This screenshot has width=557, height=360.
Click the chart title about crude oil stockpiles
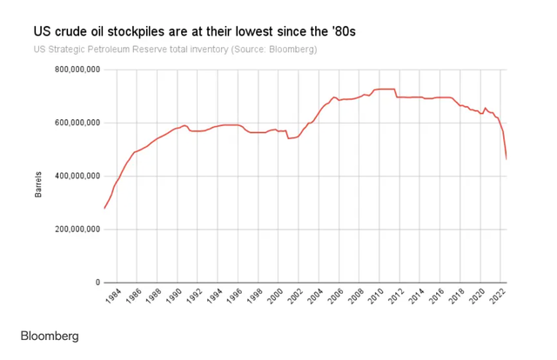click(x=195, y=31)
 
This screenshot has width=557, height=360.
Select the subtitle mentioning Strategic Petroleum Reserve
click(x=175, y=50)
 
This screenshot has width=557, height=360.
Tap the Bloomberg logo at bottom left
click(x=50, y=336)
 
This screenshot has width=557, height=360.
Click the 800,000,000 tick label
click(x=77, y=70)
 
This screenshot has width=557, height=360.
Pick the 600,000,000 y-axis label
click(x=77, y=123)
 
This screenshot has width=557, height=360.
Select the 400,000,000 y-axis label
click(x=77, y=176)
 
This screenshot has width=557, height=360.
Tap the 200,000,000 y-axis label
click(x=77, y=230)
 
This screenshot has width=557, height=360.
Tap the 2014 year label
click(x=422, y=300)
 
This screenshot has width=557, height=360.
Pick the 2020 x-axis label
click(x=483, y=300)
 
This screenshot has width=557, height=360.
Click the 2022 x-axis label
click(x=503, y=300)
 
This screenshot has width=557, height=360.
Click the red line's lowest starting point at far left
click(x=104, y=208)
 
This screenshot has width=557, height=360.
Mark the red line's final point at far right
click(x=507, y=158)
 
